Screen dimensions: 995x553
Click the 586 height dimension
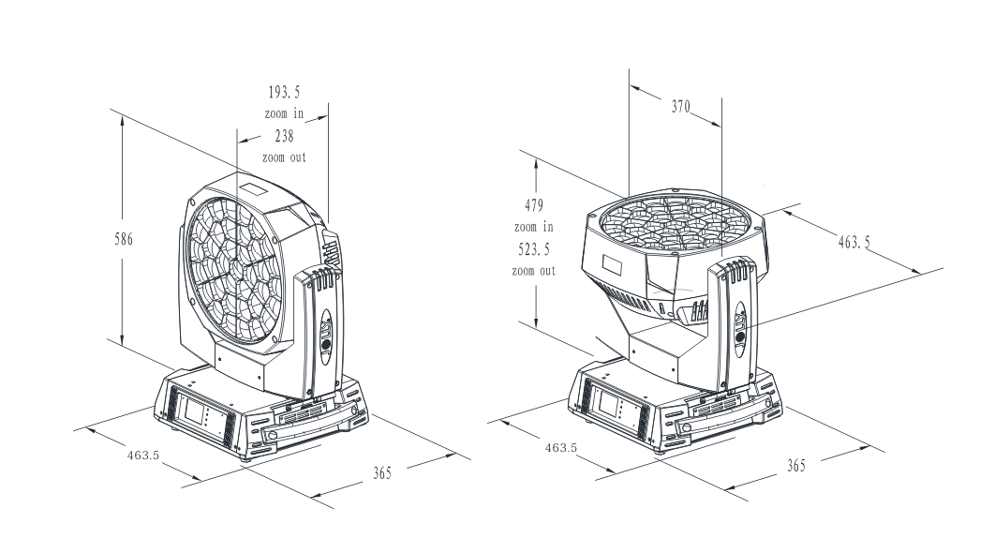pyautogui.click(x=124, y=239)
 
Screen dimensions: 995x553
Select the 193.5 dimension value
pyautogui.click(x=284, y=93)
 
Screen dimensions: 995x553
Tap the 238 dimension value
pyautogui.click(x=284, y=136)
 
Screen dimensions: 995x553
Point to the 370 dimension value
pyautogui.click(x=681, y=106)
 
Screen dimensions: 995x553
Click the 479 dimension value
pyautogui.click(x=534, y=205)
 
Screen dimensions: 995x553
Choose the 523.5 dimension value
pyautogui.click(x=534, y=249)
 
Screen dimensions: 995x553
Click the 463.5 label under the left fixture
pyautogui.click(x=143, y=456)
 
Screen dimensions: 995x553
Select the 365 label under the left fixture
pyautogui.click(x=382, y=473)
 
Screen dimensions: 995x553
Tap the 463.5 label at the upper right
pyautogui.click(x=854, y=242)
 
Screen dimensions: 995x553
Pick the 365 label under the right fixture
pyautogui.click(x=796, y=466)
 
